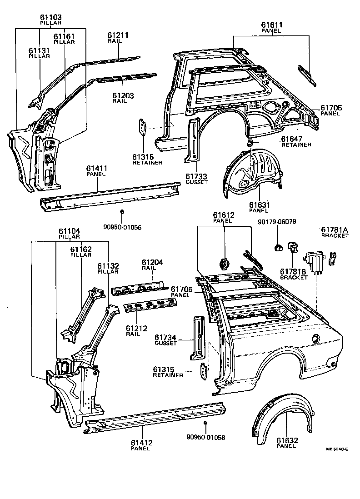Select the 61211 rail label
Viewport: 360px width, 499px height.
[118, 35]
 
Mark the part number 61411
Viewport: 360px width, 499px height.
[96, 168]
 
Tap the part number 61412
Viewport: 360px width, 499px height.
[141, 442]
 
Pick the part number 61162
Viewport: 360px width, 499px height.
[81, 249]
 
